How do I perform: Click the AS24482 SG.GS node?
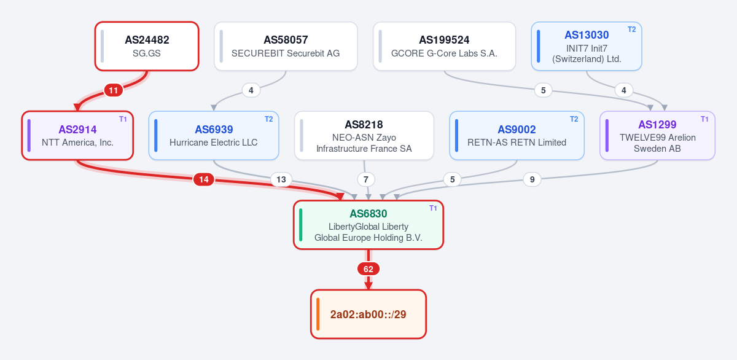(x=147, y=46)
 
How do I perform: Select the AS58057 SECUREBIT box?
(x=286, y=46)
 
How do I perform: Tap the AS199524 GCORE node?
(x=444, y=46)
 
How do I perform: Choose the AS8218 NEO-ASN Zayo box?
(x=364, y=136)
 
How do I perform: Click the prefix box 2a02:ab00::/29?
(x=368, y=315)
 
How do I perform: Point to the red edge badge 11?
(x=114, y=90)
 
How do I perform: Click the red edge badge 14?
(x=204, y=179)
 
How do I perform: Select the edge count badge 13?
(x=281, y=179)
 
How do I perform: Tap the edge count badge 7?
(x=366, y=179)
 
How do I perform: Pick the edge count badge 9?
(x=532, y=179)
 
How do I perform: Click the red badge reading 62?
(x=368, y=269)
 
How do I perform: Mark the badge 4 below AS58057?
(x=251, y=90)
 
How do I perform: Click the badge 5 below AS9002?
(x=453, y=179)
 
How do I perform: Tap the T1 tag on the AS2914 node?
(x=123, y=119)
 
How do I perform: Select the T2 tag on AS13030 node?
(x=632, y=29)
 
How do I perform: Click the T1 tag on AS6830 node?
(x=433, y=208)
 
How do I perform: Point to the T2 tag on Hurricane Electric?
(x=269, y=119)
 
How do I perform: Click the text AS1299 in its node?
(x=657, y=125)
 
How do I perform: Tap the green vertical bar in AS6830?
(x=301, y=225)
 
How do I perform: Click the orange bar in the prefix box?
(x=318, y=315)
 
